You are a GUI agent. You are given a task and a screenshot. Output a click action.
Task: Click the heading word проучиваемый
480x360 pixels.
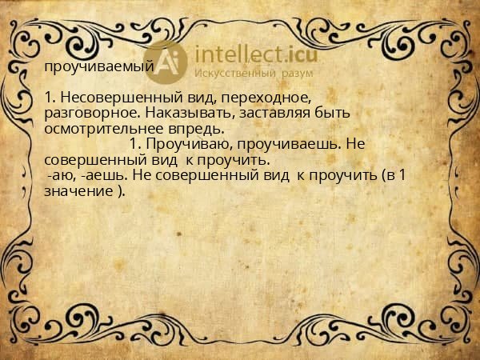pos(98,67)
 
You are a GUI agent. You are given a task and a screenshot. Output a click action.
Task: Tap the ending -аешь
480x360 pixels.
pos(99,175)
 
